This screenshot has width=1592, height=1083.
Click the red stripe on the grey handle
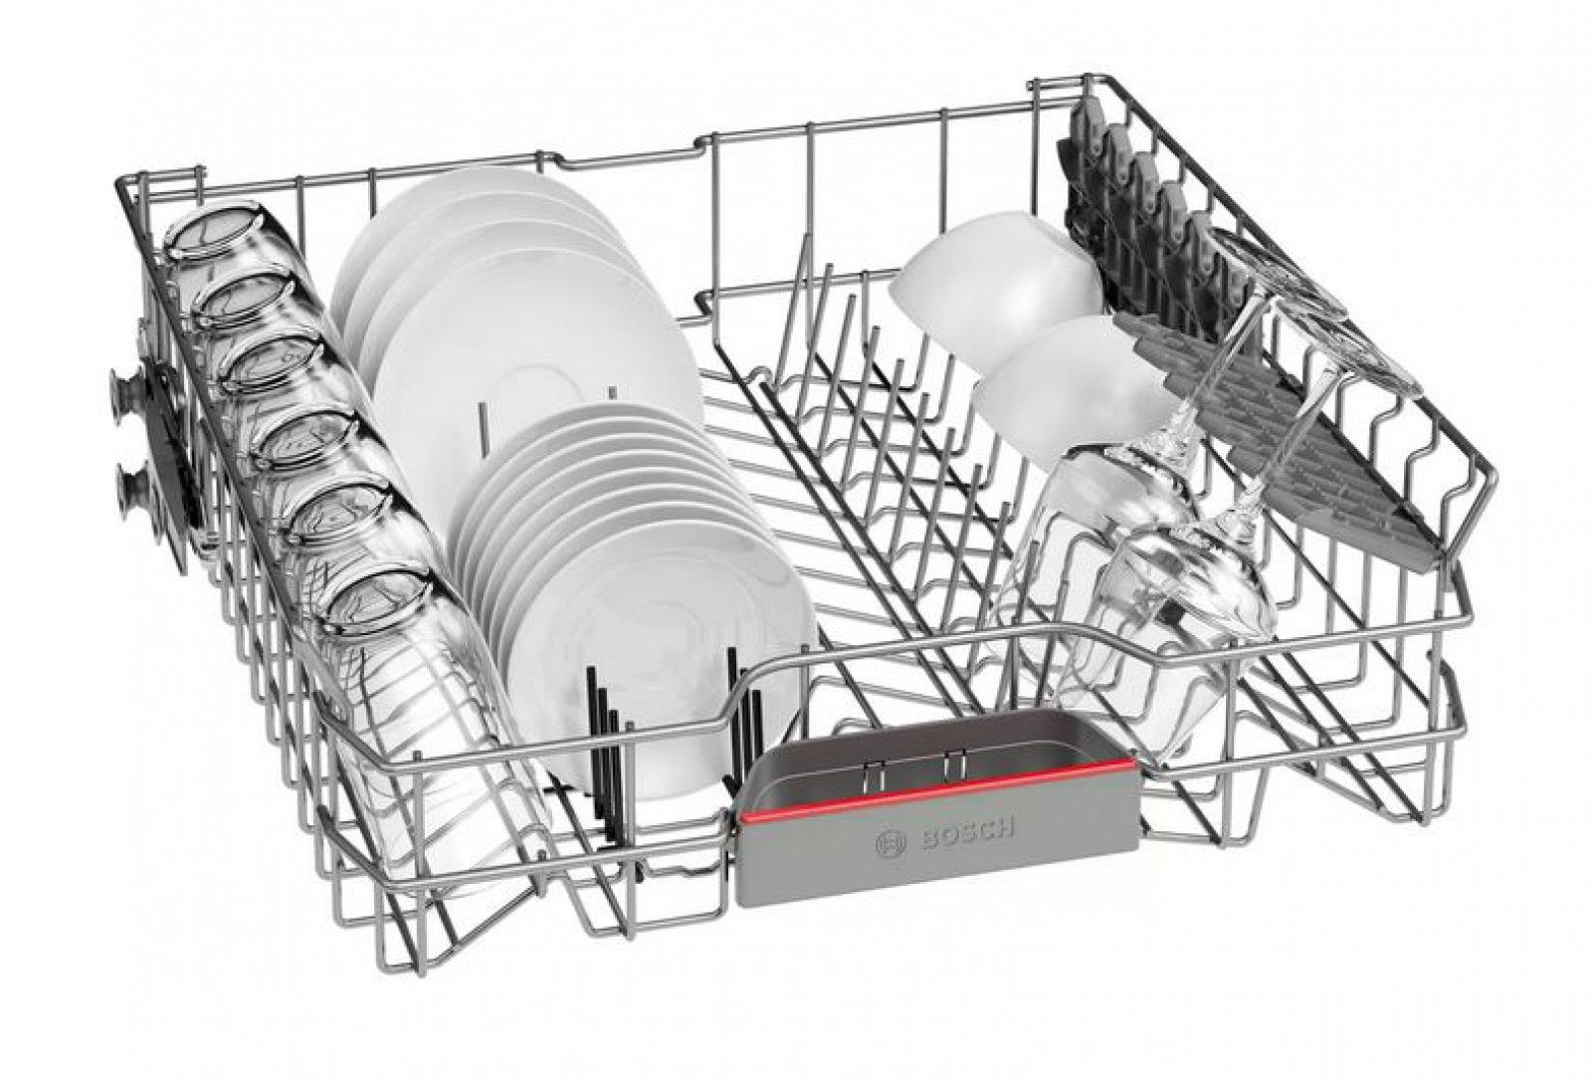tap(936, 788)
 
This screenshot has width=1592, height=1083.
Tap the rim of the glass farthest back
tap(211, 233)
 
